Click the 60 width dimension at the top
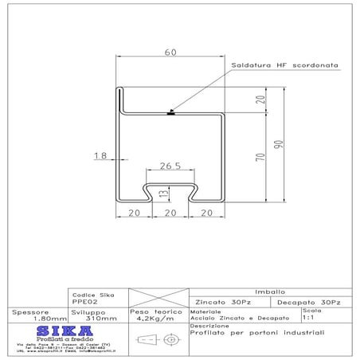(x=169, y=53)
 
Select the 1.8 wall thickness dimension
(x=100, y=157)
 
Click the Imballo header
(x=267, y=291)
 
